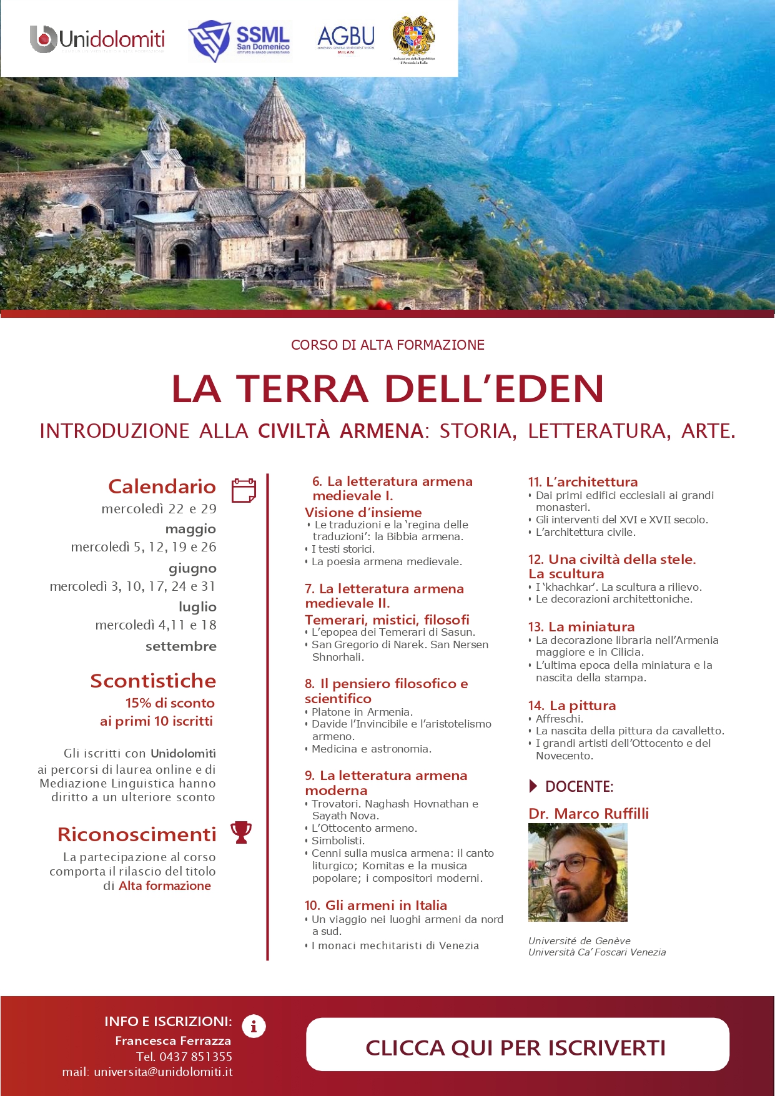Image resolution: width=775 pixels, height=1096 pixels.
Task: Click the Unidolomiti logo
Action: coord(97,39)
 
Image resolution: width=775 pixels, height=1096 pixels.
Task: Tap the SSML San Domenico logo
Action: coord(240,41)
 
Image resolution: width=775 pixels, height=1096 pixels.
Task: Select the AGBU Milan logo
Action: coord(346,39)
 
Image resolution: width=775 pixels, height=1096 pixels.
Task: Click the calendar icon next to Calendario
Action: coord(244,490)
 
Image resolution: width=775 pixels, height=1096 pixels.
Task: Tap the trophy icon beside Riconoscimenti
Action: coord(241,832)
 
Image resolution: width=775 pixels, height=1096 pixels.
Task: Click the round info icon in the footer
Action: coord(254,1026)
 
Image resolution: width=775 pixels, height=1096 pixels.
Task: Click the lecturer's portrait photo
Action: coord(578,872)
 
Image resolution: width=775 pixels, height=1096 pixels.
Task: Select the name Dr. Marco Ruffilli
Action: coord(588,813)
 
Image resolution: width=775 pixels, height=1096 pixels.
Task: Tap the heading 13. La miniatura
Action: coord(581,626)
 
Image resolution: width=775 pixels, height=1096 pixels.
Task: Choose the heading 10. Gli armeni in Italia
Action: coord(375,905)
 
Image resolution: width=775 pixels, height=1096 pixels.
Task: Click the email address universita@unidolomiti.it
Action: coord(163,1072)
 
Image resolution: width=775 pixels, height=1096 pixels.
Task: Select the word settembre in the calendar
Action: coord(180,646)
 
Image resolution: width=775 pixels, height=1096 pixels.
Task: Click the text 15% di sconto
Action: coord(170,703)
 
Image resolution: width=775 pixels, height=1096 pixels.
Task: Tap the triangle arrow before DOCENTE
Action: coord(533,786)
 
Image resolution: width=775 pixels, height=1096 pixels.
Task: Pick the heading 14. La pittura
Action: coord(571,705)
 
